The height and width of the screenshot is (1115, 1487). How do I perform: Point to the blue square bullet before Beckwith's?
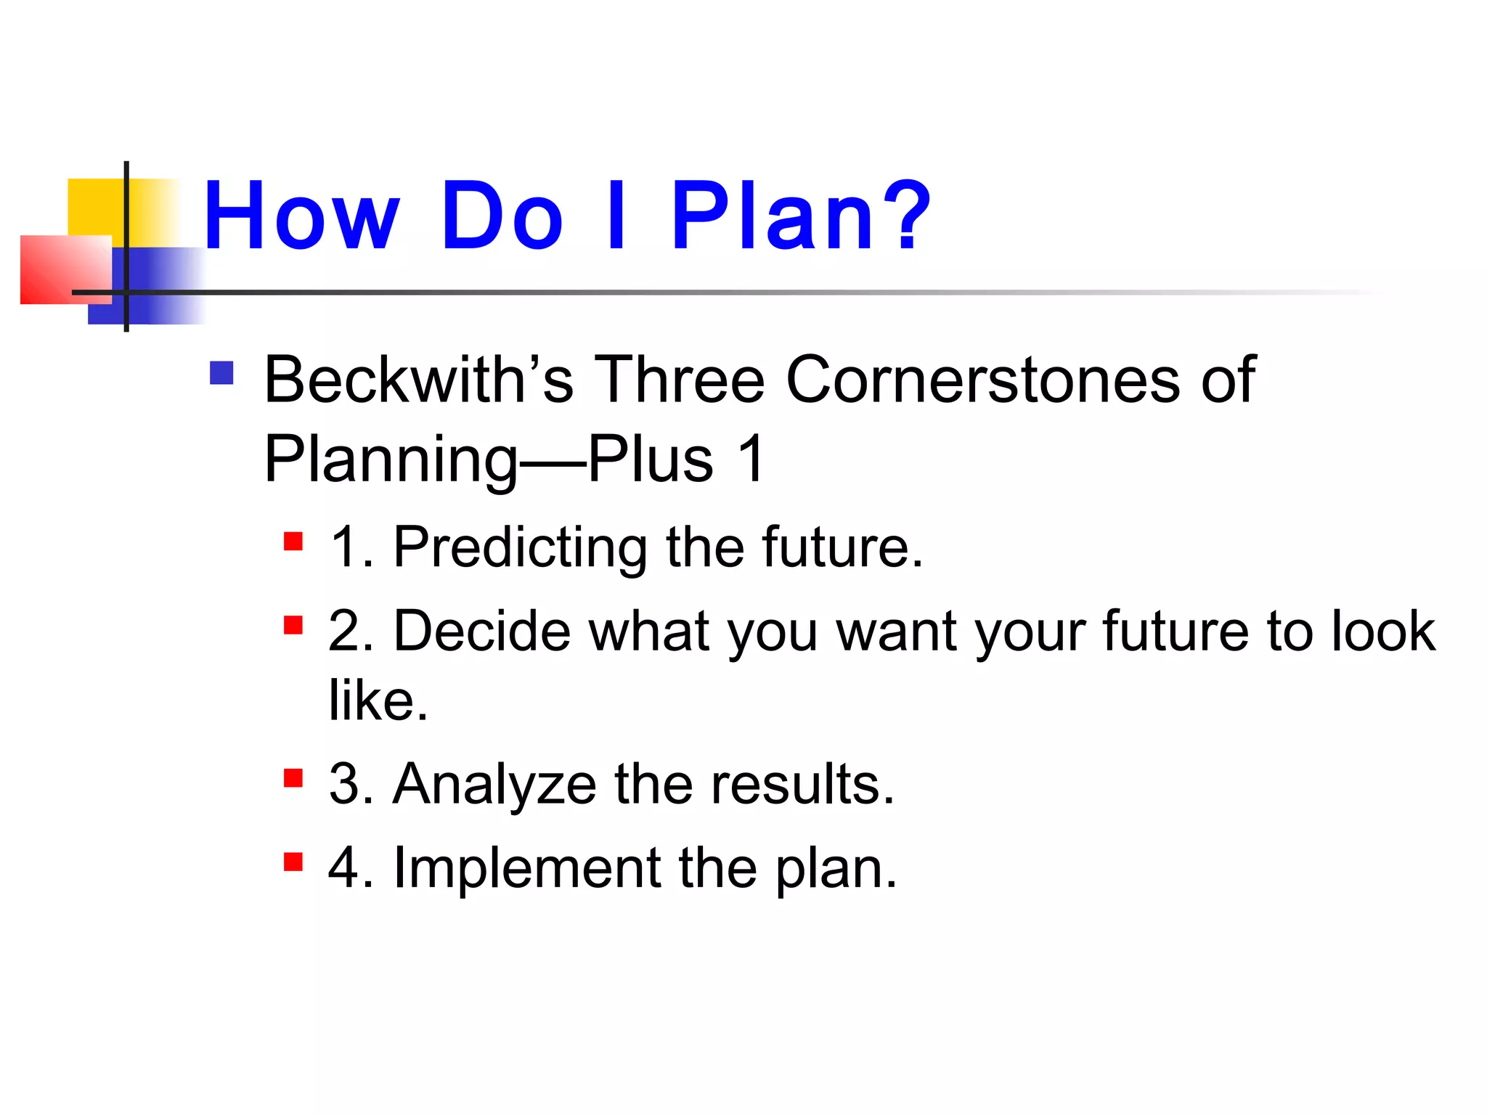coord(221,373)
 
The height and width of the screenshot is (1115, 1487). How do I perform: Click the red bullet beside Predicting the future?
coord(293,542)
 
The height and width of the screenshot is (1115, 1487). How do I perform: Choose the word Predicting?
coord(520,547)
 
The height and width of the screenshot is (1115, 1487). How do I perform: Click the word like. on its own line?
coord(378,700)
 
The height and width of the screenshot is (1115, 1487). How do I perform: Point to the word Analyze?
coord(494,785)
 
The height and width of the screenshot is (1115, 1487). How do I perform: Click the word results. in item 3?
coord(802,785)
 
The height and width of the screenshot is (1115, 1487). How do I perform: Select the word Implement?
coord(527,868)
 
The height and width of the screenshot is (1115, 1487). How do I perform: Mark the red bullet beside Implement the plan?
coord(293,862)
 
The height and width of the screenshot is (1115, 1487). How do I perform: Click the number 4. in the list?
coord(351,868)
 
